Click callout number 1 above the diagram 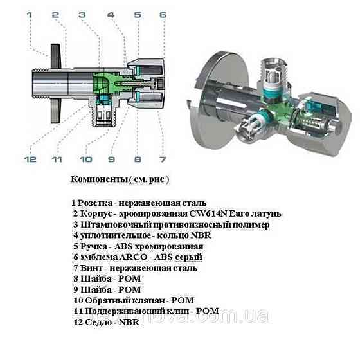[x=28, y=14]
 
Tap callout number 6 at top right [x=163, y=14]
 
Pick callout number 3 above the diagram [x=82, y=14]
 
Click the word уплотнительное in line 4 [x=115, y=235]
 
